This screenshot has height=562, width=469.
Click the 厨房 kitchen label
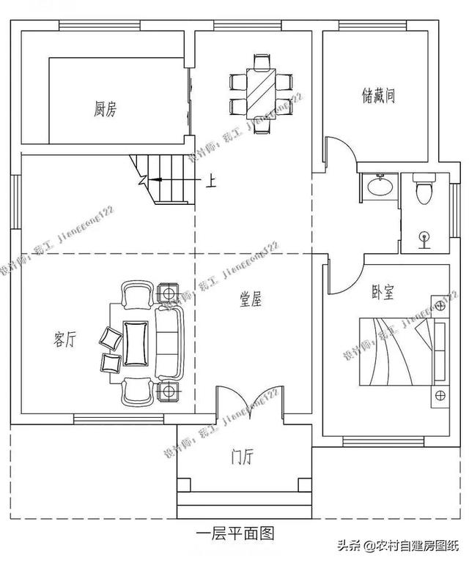click(105, 110)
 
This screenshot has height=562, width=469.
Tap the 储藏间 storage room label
click(378, 95)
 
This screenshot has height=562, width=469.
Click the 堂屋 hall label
click(251, 299)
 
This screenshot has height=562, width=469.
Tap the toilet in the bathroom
click(421, 191)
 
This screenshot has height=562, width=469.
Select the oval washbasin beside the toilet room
click(379, 188)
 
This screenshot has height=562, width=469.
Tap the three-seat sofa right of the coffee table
click(169, 342)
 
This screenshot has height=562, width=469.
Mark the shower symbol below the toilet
click(424, 236)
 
